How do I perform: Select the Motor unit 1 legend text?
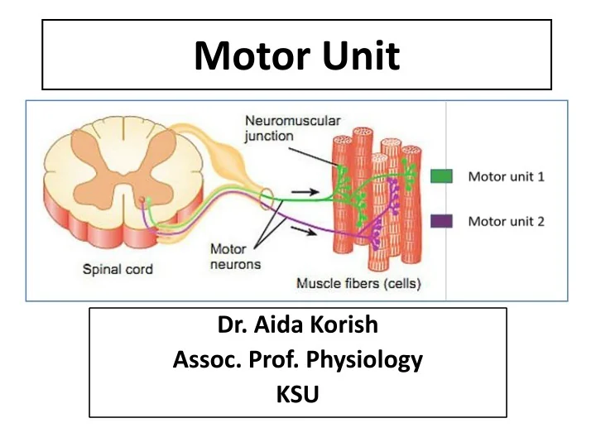(507, 176)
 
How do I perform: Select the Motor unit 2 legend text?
(507, 221)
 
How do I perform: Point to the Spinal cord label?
(118, 269)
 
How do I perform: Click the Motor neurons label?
(235, 256)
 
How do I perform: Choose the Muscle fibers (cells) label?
(358, 284)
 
